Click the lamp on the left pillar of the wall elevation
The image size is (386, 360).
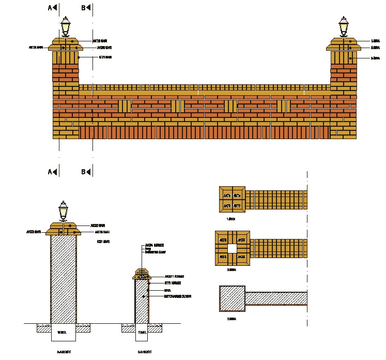click(66, 26)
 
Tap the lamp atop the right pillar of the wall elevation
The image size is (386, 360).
click(344, 26)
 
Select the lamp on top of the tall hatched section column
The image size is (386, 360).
click(63, 211)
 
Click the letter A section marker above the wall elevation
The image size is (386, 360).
click(51, 8)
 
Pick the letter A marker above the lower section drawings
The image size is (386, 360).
click(51, 172)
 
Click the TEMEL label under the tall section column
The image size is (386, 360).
click(63, 333)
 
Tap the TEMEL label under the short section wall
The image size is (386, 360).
click(141, 333)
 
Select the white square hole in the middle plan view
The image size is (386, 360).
click(232, 248)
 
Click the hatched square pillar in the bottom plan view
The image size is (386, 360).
click(231, 299)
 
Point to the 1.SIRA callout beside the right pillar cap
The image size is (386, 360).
click(375, 41)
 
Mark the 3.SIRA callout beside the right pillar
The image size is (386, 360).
click(375, 58)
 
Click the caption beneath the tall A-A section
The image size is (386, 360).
click(63, 352)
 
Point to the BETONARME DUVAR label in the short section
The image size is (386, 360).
click(178, 296)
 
